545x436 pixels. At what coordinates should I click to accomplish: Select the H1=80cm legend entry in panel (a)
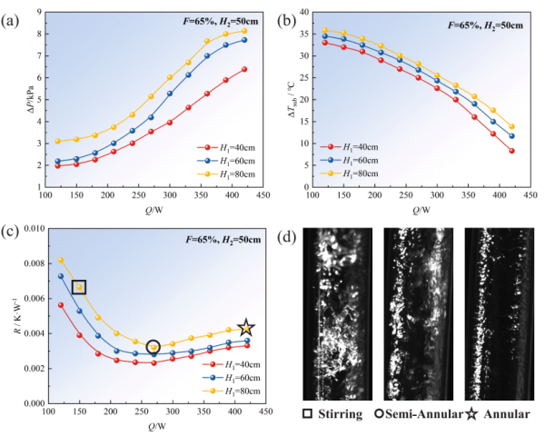228,173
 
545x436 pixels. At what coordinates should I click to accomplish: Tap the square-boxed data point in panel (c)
79,288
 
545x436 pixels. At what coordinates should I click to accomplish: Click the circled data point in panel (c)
153,347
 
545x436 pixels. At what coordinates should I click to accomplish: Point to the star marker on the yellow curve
245,329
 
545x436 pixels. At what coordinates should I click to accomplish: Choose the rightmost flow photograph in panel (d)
495,312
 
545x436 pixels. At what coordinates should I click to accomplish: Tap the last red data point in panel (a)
244,69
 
